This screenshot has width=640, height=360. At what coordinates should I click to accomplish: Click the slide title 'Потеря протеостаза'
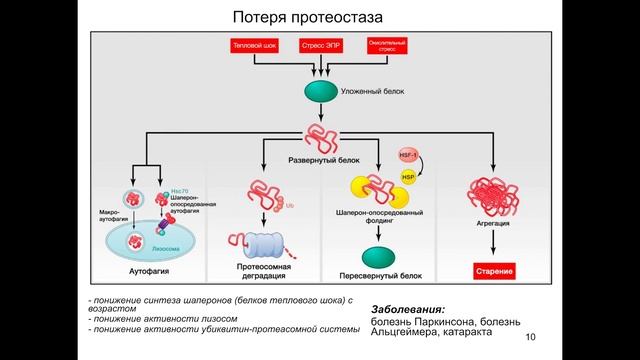pos(319,17)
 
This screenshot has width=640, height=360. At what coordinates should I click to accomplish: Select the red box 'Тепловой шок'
pos(254,46)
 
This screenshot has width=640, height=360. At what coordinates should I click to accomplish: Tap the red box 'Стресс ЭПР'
pos(320,46)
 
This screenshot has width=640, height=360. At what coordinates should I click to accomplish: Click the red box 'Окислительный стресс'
pos(387,46)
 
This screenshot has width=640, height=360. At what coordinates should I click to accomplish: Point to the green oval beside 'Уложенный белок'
pos(321,91)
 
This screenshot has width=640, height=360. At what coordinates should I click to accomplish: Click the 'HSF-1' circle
pos(408,156)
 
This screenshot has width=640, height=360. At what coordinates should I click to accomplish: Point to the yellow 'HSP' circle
pos(408,177)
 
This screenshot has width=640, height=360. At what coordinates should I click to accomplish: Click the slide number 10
pos(530,336)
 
